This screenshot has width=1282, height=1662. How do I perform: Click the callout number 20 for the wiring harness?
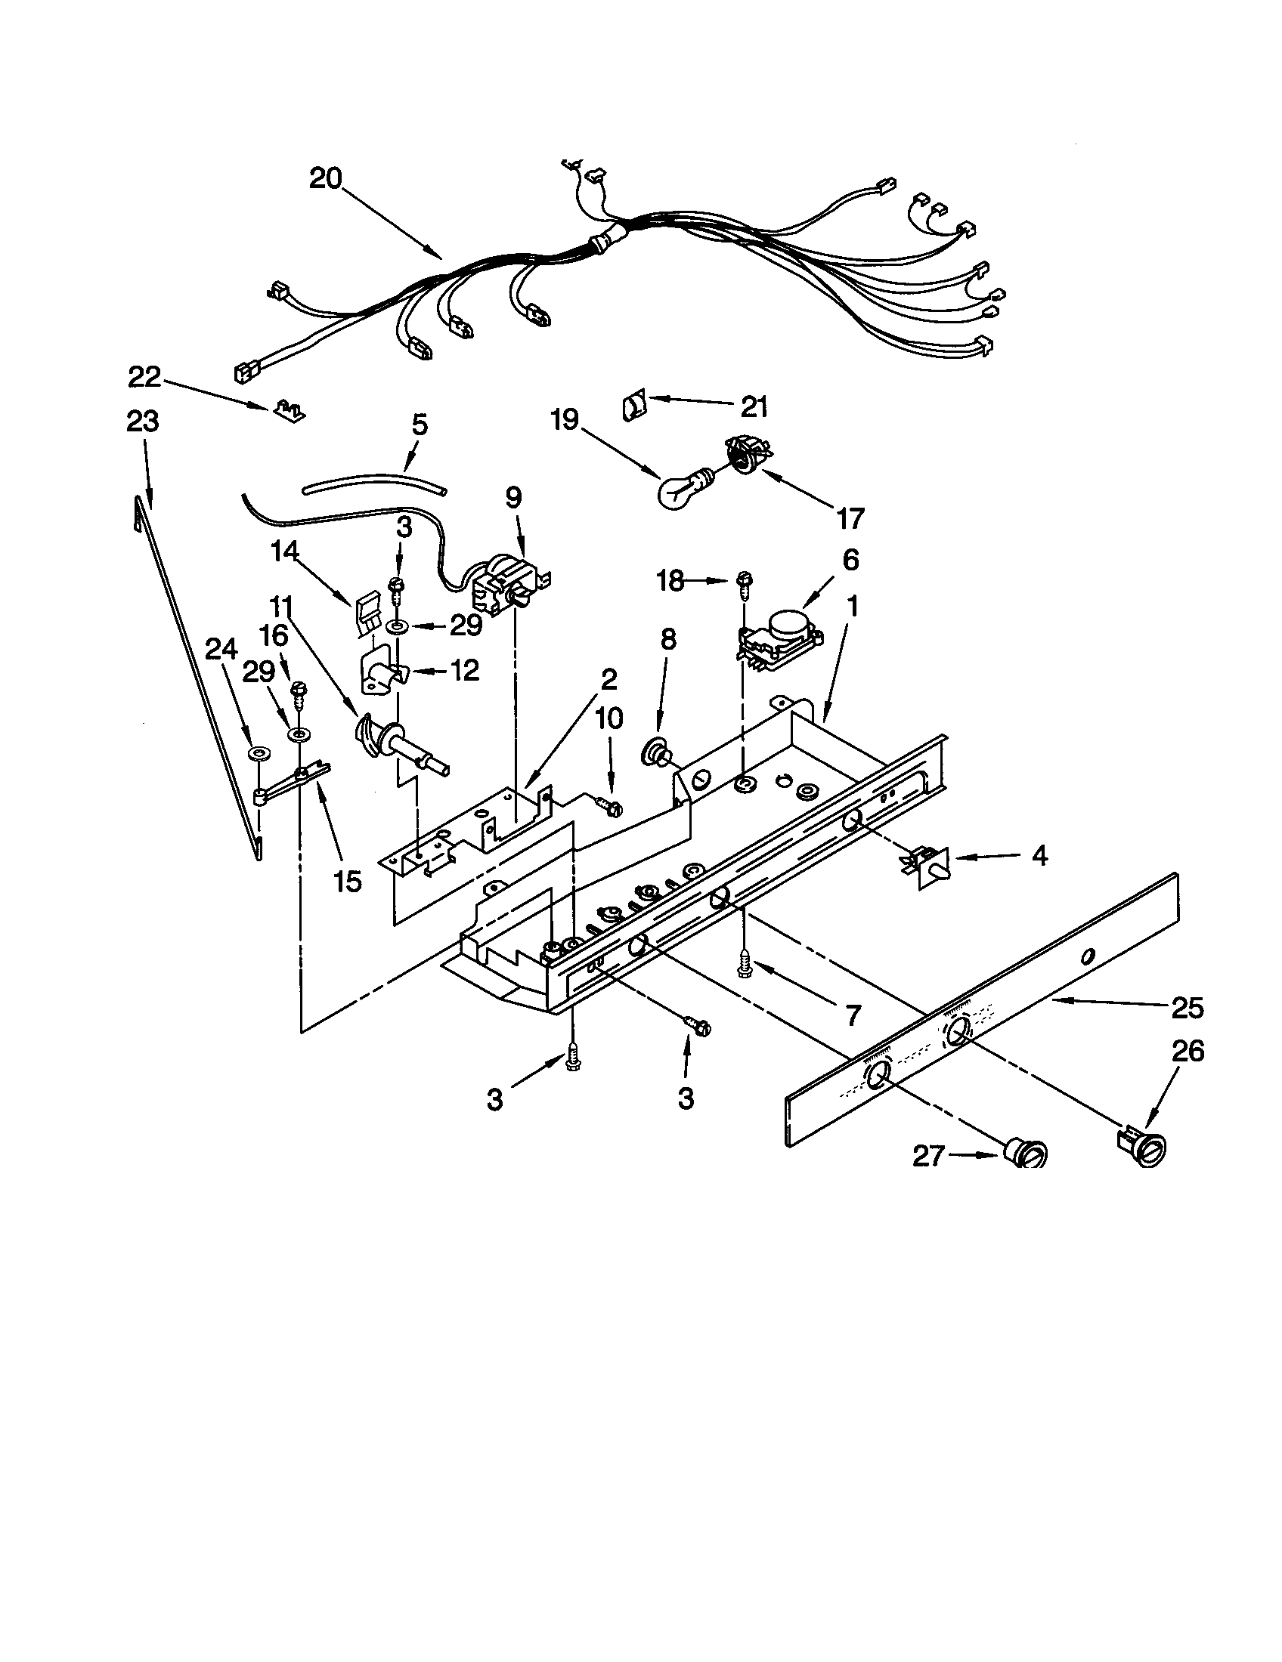326,180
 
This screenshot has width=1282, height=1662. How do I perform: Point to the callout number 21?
754,407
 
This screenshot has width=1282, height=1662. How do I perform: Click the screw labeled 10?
609,804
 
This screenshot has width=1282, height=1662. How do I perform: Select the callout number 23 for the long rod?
143,421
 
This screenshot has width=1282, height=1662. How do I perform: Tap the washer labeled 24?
259,754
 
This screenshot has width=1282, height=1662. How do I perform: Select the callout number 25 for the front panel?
1187,1008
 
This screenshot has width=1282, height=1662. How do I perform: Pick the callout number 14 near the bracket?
285,551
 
